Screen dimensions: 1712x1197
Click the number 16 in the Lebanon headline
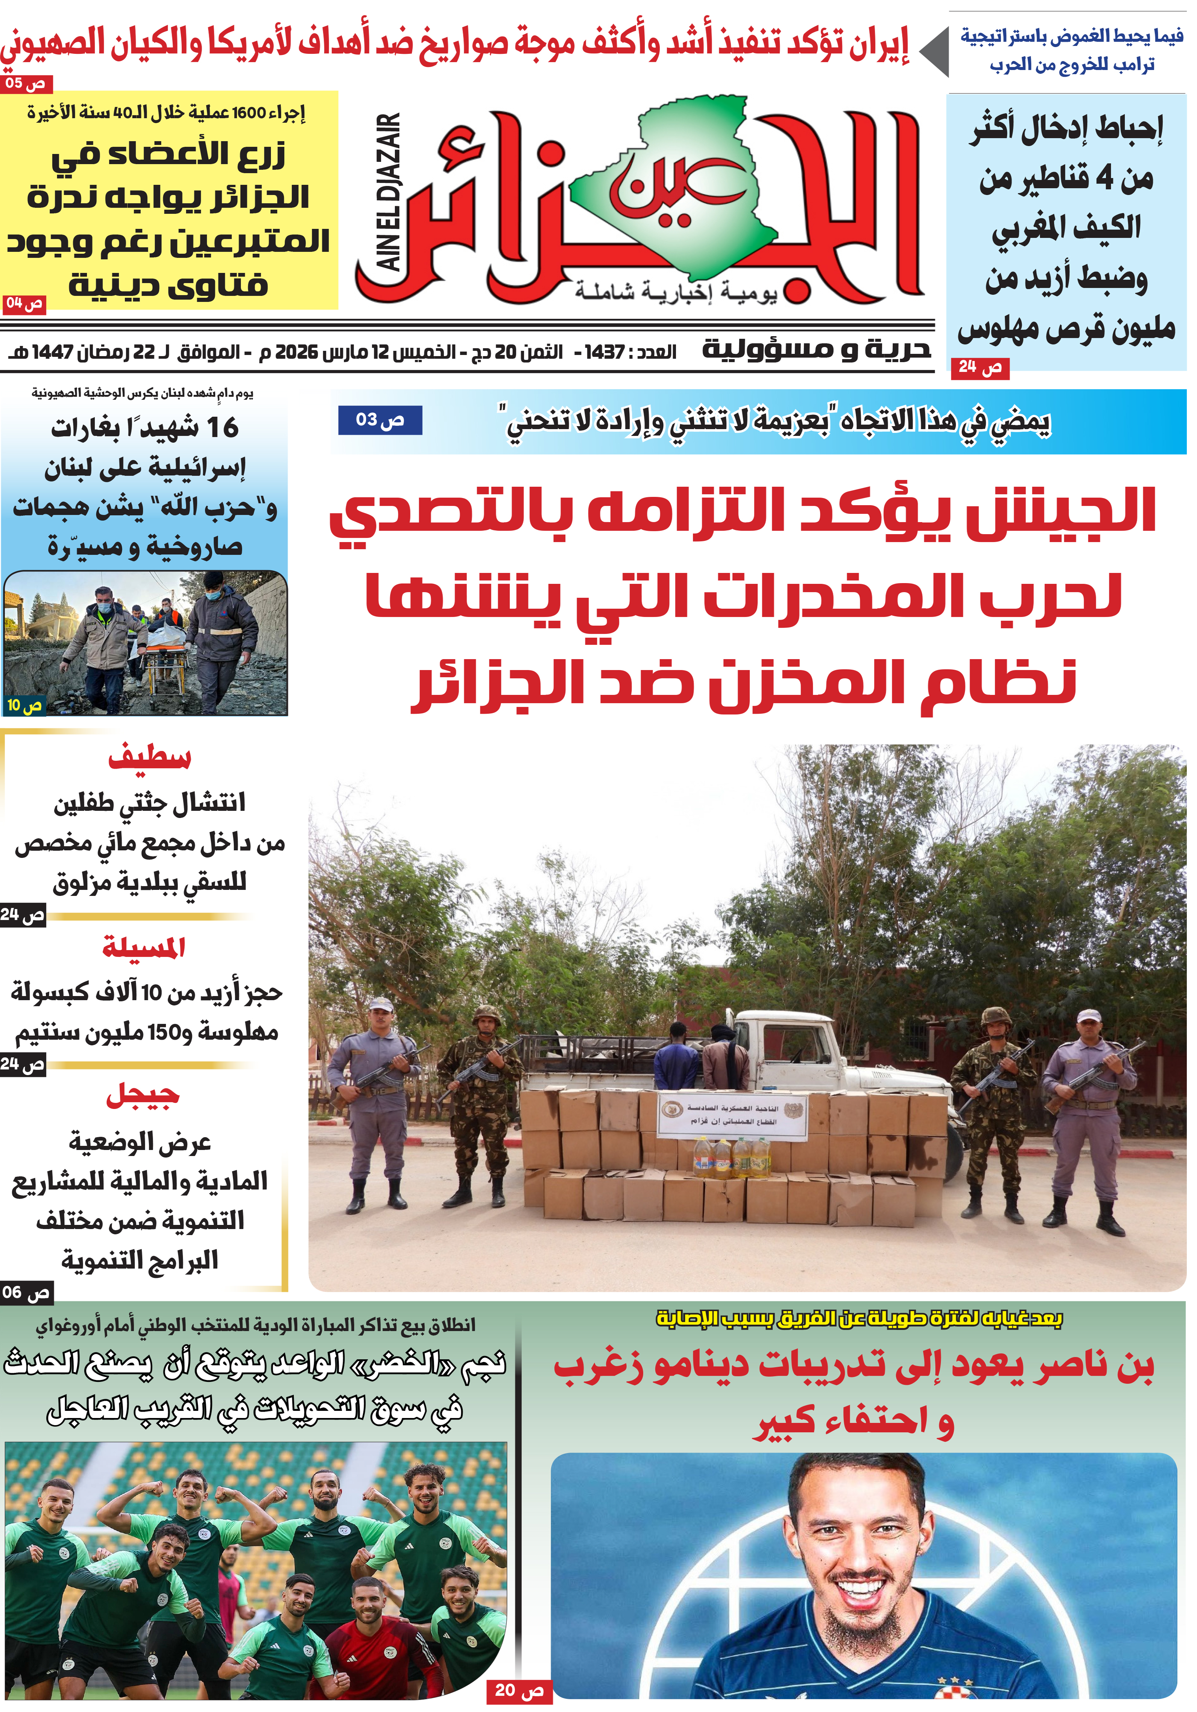click(222, 427)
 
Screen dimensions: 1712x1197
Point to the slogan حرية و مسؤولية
click(816, 349)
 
